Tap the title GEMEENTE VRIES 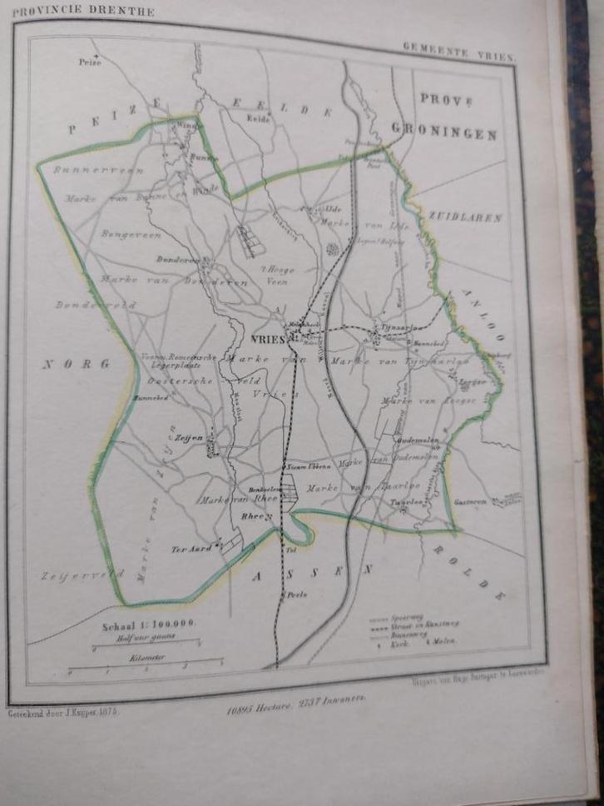coord(459,52)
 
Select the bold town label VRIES coord(268,339)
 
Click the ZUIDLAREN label coord(466,217)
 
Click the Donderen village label coord(176,260)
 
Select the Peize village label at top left coord(89,62)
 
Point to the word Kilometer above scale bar coord(148,657)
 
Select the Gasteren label coord(471,501)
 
